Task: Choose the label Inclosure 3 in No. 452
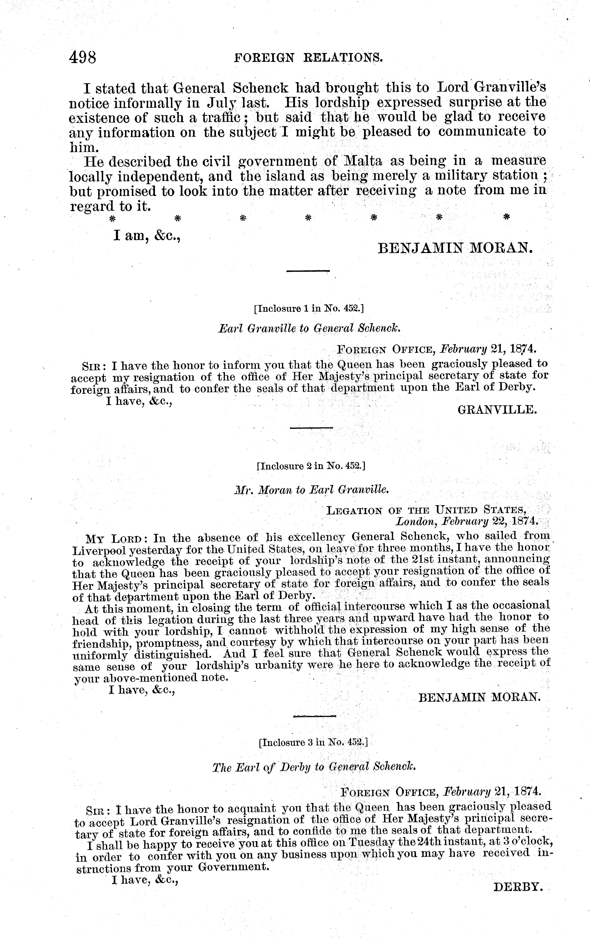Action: pyautogui.click(x=312, y=742)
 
